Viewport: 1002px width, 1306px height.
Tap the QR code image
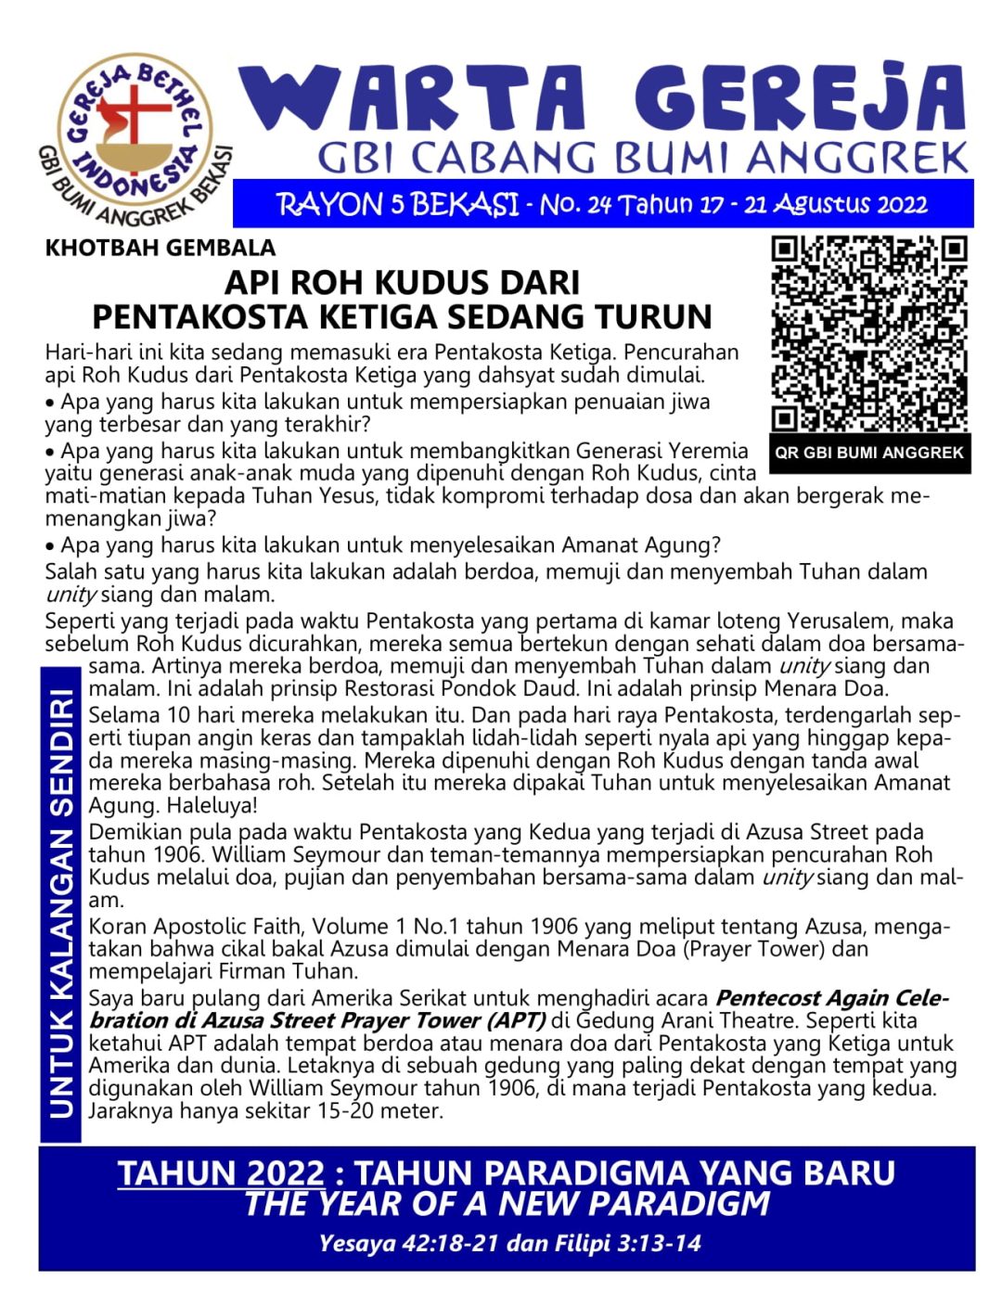[x=869, y=334]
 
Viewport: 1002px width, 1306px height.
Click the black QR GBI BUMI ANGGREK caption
[x=869, y=454]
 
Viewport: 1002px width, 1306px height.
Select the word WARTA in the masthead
[x=413, y=98]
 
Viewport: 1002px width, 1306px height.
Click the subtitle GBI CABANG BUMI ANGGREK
[x=642, y=159]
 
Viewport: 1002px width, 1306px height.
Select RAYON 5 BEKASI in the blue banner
[x=397, y=204]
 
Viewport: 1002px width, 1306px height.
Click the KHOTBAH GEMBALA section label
[x=160, y=248]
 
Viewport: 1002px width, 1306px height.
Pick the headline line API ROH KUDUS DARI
[x=403, y=283]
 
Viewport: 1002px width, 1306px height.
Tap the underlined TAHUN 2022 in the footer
[x=221, y=1173]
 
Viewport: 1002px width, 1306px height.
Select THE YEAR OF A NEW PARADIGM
[x=507, y=1204]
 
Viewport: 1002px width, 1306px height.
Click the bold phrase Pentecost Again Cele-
[x=831, y=998]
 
